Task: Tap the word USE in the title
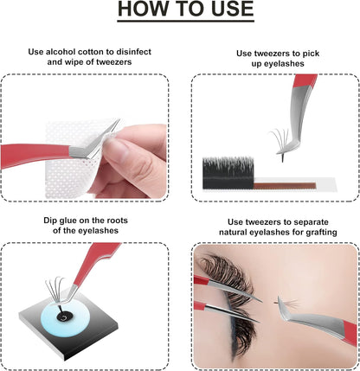coord(224,11)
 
